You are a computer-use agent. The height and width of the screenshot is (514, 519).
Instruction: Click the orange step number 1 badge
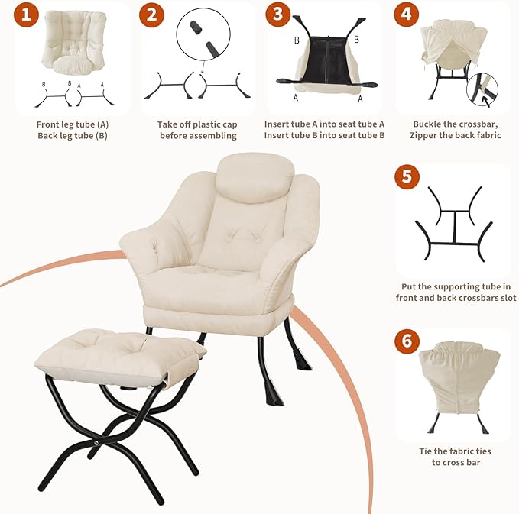pyautogui.click(x=29, y=15)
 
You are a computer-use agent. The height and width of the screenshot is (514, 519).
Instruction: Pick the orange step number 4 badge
pyautogui.click(x=407, y=15)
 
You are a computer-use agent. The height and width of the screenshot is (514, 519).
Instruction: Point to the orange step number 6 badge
pyautogui.click(x=407, y=341)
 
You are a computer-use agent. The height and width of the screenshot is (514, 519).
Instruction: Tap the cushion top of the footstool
pyautogui.click(x=115, y=351)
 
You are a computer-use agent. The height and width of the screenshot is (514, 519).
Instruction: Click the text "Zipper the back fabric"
pyautogui.click(x=456, y=136)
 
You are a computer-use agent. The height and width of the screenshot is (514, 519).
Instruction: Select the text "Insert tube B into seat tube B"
pyautogui.click(x=324, y=136)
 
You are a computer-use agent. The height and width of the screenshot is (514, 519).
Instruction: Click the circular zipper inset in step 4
pyautogui.click(x=482, y=91)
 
